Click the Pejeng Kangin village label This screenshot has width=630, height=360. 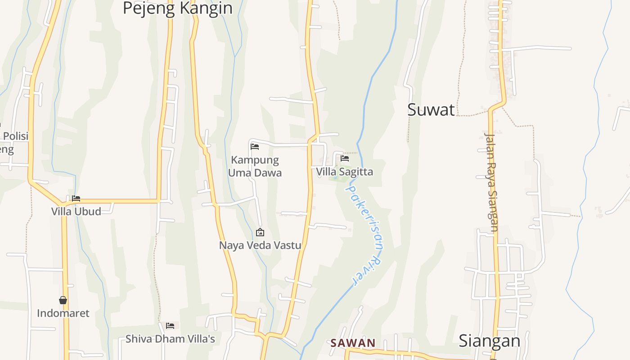pyautogui.click(x=177, y=8)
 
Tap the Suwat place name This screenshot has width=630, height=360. pyautogui.click(x=431, y=110)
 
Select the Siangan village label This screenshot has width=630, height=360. pyautogui.click(x=489, y=341)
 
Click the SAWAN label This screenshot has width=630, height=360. pyautogui.click(x=353, y=343)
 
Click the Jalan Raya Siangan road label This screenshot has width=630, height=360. pyautogui.click(x=491, y=182)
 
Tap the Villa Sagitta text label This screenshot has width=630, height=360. pyautogui.click(x=344, y=172)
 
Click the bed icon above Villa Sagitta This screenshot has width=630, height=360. pyautogui.click(x=345, y=158)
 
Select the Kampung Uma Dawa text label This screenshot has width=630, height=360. pyautogui.click(x=255, y=166)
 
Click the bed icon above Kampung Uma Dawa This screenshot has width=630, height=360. pyautogui.click(x=255, y=146)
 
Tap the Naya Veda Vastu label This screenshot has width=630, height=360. pyautogui.click(x=260, y=246)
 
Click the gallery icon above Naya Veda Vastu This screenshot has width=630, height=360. pyautogui.click(x=260, y=233)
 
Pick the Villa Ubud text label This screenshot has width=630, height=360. pyautogui.click(x=76, y=211)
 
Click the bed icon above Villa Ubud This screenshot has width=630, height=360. pyautogui.click(x=76, y=198)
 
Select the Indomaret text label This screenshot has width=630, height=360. pyautogui.click(x=63, y=313)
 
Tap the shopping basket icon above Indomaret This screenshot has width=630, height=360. pyautogui.click(x=63, y=300)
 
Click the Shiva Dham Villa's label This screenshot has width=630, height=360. pyautogui.click(x=170, y=339)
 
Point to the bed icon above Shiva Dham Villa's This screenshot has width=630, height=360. pyautogui.click(x=170, y=326)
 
